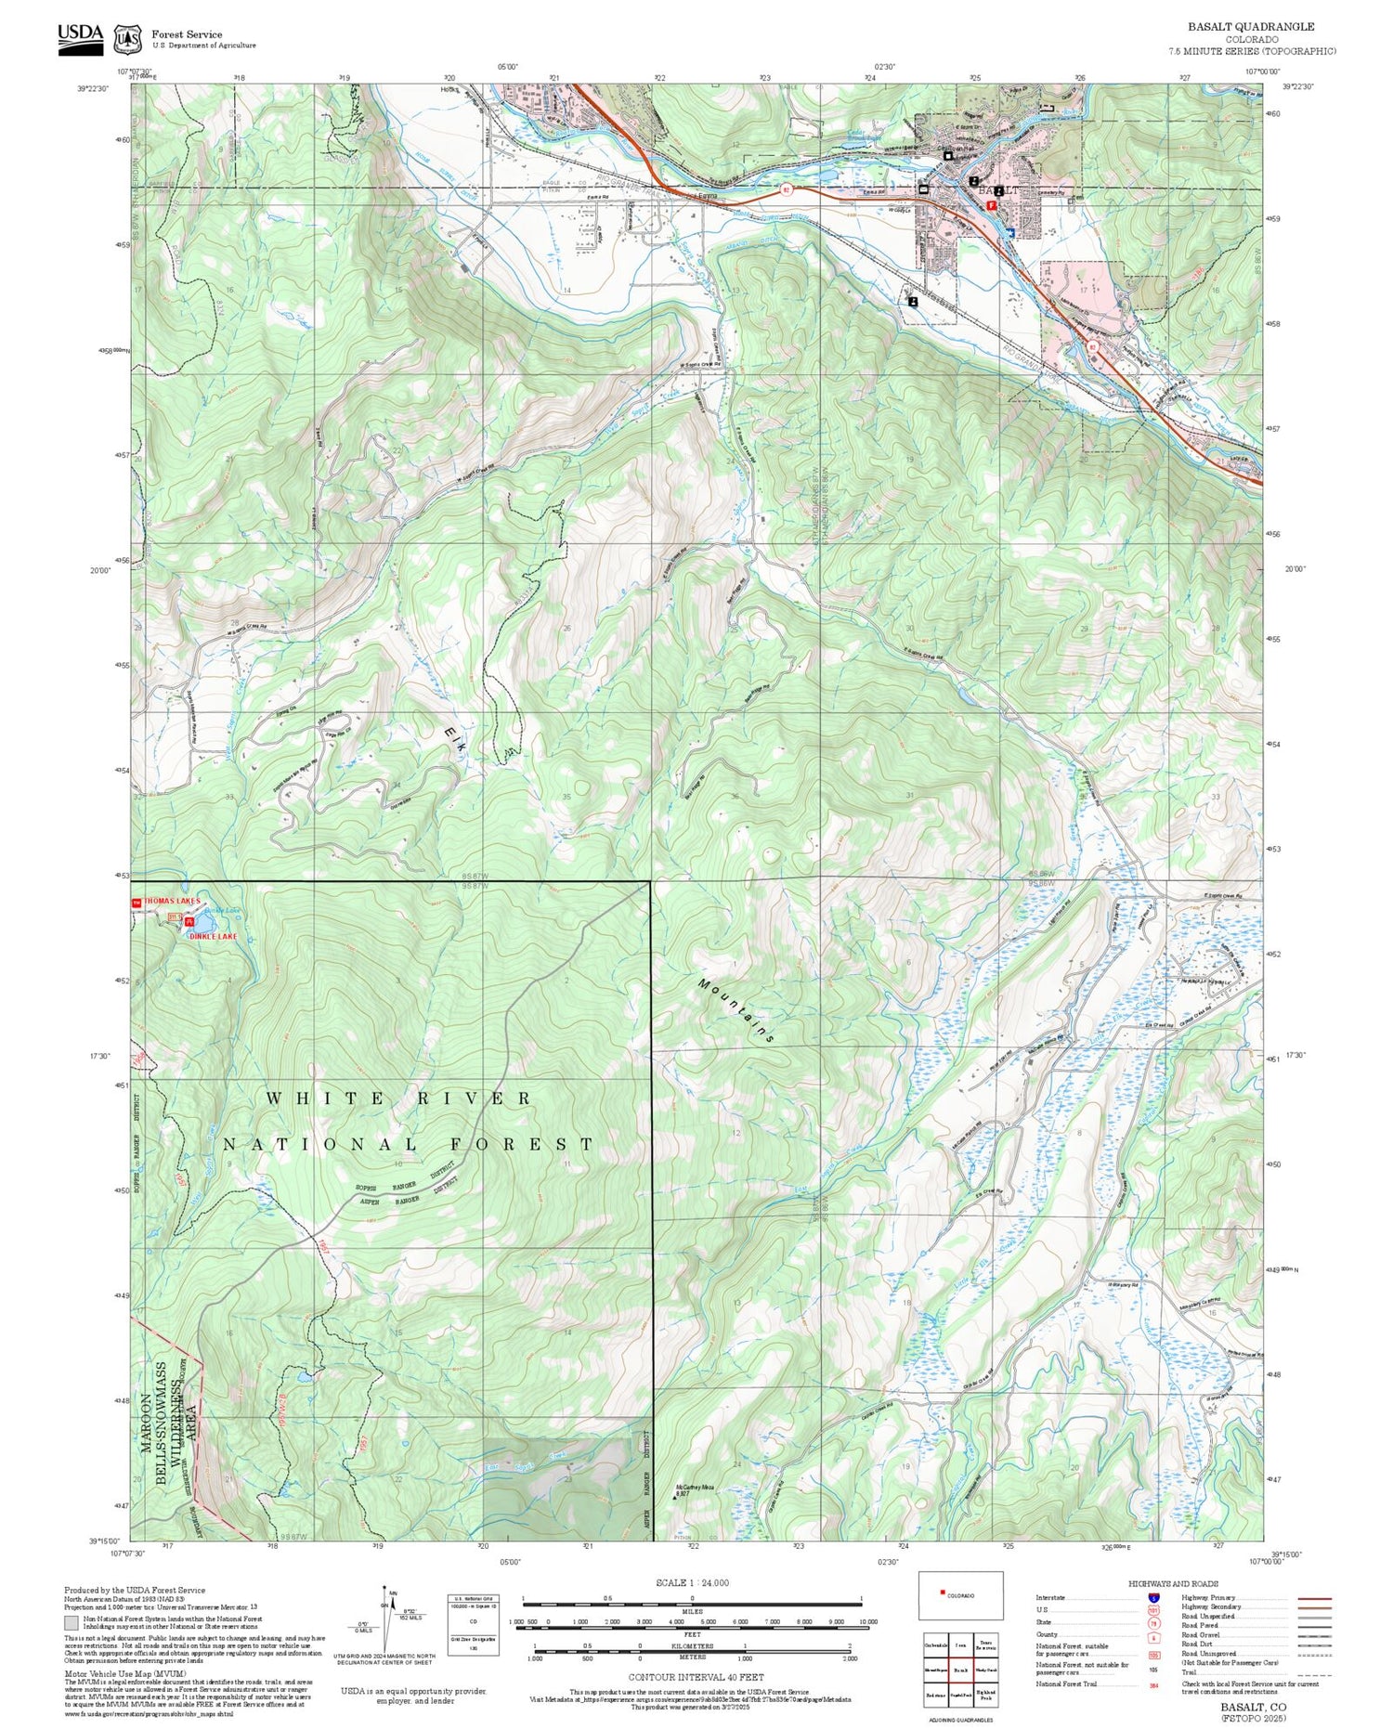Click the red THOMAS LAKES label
coord(170,902)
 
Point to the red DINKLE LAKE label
coord(213,936)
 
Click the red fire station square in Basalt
coord(992,206)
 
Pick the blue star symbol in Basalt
coord(1010,232)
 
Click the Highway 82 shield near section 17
coord(1093,346)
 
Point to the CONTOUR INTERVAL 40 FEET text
coord(696,1677)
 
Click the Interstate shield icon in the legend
coord(1153,1597)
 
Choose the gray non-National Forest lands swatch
coord(72,1623)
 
